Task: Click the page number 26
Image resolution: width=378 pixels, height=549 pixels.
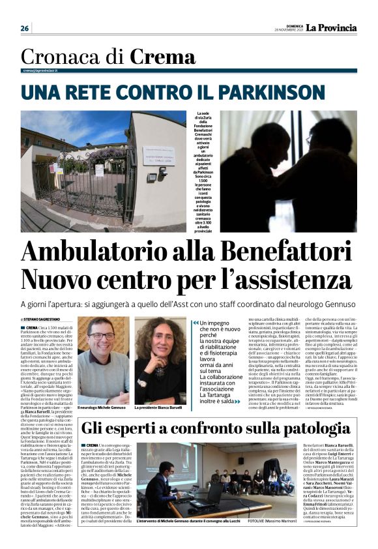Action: [x=25, y=28]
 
